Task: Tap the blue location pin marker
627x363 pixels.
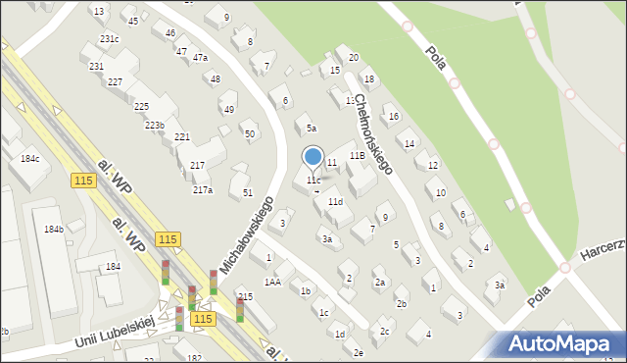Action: coord(313,157)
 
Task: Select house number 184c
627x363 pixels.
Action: coord(30,158)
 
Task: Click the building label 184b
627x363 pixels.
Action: coord(53,230)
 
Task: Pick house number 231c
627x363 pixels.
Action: coord(110,38)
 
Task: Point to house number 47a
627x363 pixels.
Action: coord(200,58)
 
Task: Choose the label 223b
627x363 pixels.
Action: coord(154,126)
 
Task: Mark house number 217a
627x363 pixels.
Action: coord(203,190)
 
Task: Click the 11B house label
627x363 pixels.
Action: coord(359,155)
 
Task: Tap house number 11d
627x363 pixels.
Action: coord(335,201)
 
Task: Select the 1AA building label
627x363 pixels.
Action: coord(272,282)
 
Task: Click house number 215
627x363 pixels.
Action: coord(246,295)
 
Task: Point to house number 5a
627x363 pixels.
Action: coord(312,128)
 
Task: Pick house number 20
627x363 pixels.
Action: coord(354,58)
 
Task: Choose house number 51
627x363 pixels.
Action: coord(248,192)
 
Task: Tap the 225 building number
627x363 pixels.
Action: coord(141,106)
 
